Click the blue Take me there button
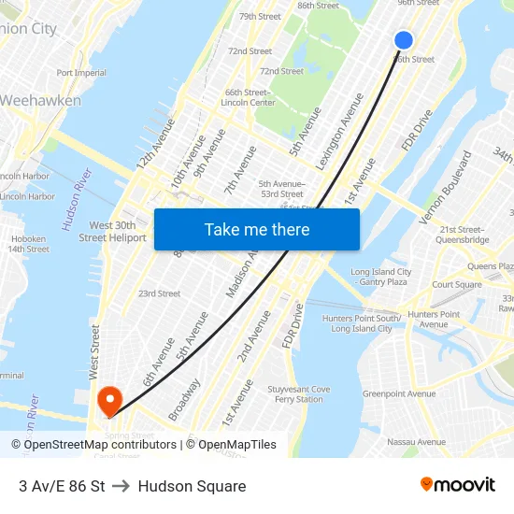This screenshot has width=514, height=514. (257, 229)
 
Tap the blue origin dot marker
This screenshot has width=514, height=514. (404, 39)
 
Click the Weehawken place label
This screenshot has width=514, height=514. (40, 100)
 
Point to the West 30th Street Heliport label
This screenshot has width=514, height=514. (112, 232)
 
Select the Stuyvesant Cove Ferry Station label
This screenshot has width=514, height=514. (299, 394)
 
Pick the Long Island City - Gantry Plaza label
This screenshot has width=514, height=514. (379, 277)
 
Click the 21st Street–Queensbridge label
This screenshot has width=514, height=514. (464, 234)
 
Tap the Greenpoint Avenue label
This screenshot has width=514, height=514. (399, 393)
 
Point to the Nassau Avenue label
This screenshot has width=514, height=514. (417, 442)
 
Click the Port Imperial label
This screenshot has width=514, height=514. (81, 73)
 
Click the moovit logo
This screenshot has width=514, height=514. (457, 485)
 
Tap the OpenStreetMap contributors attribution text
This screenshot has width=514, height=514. (100, 445)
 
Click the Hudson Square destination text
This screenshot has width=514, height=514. (192, 486)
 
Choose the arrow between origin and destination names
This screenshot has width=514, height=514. (121, 486)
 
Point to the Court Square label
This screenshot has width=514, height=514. (457, 285)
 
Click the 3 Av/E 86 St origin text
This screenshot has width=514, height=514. (62, 486)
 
